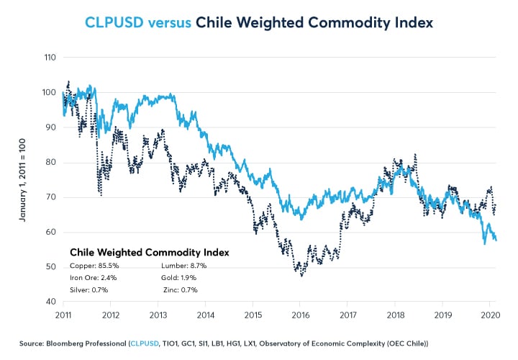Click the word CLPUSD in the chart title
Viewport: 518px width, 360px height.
pos(114,22)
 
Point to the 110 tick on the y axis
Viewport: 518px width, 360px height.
pos(50,57)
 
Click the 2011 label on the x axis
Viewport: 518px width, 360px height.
pos(63,315)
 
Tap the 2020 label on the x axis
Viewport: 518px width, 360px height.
pos(489,315)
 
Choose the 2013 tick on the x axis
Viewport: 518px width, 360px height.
pos(158,315)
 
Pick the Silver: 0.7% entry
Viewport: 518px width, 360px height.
pos(88,289)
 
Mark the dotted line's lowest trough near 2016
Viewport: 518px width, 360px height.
pos(301,275)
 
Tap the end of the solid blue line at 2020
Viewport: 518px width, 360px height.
pos(496,240)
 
